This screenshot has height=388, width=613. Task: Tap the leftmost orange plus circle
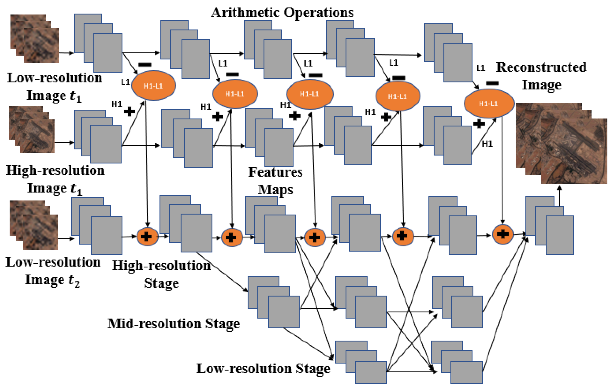(147, 236)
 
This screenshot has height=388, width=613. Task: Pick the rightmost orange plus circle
(502, 234)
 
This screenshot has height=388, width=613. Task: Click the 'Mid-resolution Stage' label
(173, 324)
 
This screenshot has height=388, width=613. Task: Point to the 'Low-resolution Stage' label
(263, 369)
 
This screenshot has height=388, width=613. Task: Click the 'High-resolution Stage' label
(161, 274)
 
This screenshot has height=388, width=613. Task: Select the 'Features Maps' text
(276, 180)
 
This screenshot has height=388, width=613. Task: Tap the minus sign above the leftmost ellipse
(145, 65)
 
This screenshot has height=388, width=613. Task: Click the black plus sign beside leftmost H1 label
(129, 111)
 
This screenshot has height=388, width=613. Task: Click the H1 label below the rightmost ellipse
(487, 144)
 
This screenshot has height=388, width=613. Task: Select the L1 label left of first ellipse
(125, 82)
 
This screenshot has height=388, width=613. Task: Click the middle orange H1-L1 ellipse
(310, 94)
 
